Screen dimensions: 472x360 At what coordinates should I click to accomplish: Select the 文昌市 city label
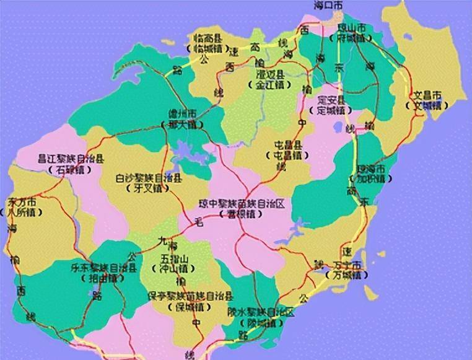tap(427, 95)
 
